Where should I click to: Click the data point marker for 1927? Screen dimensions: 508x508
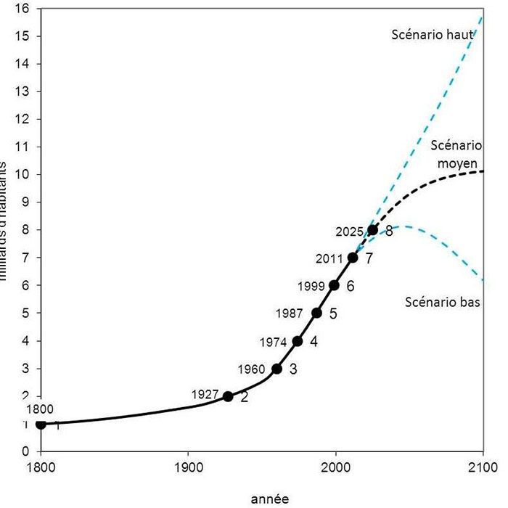coord(228,396)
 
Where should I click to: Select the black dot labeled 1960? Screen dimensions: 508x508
coord(276,369)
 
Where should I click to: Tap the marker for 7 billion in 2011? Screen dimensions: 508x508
coord(353,258)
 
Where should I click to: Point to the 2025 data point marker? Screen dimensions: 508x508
coord(373,230)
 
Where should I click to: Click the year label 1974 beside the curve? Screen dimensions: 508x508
coord(274,342)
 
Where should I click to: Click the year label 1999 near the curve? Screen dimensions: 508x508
coord(311,286)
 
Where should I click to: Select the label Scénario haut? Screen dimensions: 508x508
coord(433,34)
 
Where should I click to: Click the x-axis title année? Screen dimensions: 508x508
coord(269,499)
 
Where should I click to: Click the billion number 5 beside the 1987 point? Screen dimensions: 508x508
coord(334,314)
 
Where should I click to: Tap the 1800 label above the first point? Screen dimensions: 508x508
coord(39,409)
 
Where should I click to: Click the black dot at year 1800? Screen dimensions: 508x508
coord(41,425)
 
